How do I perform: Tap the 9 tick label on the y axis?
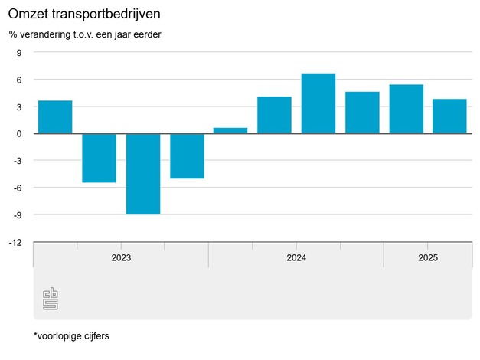point(19,53)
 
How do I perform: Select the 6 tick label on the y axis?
point(19,80)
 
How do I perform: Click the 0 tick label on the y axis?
point(19,134)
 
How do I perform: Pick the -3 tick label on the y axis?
point(18,161)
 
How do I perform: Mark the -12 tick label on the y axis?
point(15,242)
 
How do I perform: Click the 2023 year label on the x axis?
point(121,258)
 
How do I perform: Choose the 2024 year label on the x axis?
point(296,258)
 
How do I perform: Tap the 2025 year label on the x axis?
point(428,258)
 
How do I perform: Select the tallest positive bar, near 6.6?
point(318,103)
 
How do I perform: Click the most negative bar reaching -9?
point(143,174)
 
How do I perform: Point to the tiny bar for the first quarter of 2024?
point(230,131)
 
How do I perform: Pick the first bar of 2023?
point(55,117)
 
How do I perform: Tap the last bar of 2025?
point(449,116)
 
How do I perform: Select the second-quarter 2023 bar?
point(100,158)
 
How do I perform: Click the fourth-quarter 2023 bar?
point(187,156)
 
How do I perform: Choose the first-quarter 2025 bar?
point(406,110)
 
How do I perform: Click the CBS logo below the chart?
point(51,299)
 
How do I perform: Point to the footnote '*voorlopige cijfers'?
point(72,335)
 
